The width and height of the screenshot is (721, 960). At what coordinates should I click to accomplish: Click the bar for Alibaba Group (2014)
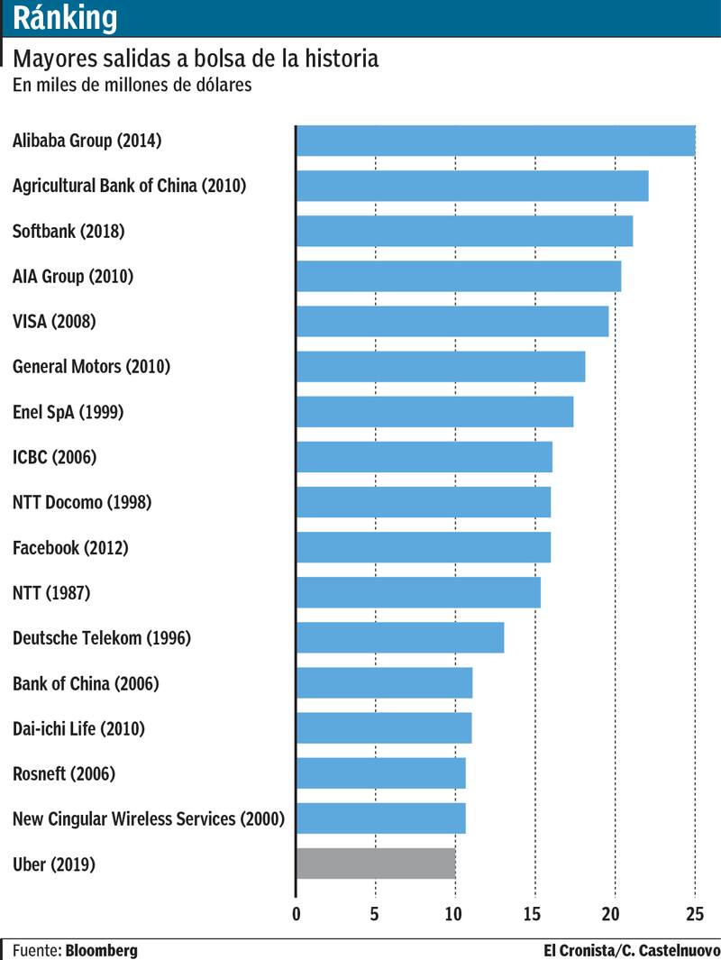click(496, 141)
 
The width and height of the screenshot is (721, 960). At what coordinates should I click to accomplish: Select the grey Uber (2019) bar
click(376, 864)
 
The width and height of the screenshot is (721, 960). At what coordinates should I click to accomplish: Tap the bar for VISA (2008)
click(452, 322)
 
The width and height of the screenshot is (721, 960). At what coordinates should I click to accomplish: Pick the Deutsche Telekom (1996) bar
click(400, 637)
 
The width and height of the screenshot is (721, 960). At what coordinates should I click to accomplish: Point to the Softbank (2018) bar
click(464, 231)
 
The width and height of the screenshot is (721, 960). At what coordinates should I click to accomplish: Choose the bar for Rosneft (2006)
click(381, 773)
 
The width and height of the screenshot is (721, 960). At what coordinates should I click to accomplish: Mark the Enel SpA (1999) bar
click(434, 412)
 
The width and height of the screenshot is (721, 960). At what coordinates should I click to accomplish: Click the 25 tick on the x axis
click(694, 914)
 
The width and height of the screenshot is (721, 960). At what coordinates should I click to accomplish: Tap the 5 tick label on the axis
click(375, 914)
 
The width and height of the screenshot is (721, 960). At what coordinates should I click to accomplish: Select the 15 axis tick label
click(535, 914)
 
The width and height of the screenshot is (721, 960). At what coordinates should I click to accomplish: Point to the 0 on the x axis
click(297, 914)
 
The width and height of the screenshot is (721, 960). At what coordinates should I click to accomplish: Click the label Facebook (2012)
click(70, 547)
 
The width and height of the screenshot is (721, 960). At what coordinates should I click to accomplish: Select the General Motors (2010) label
click(91, 367)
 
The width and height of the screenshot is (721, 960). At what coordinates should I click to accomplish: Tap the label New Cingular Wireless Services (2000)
click(149, 818)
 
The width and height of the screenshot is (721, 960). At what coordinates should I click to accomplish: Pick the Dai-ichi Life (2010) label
click(78, 728)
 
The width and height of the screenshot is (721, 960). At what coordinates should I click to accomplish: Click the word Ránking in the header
click(65, 17)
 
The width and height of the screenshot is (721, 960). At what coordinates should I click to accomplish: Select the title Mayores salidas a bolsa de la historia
click(195, 59)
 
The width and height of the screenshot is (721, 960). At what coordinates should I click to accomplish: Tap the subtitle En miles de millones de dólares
click(132, 86)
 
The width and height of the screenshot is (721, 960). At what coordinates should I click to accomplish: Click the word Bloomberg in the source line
click(101, 950)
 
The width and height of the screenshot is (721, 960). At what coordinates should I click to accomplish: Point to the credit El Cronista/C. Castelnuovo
click(631, 950)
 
